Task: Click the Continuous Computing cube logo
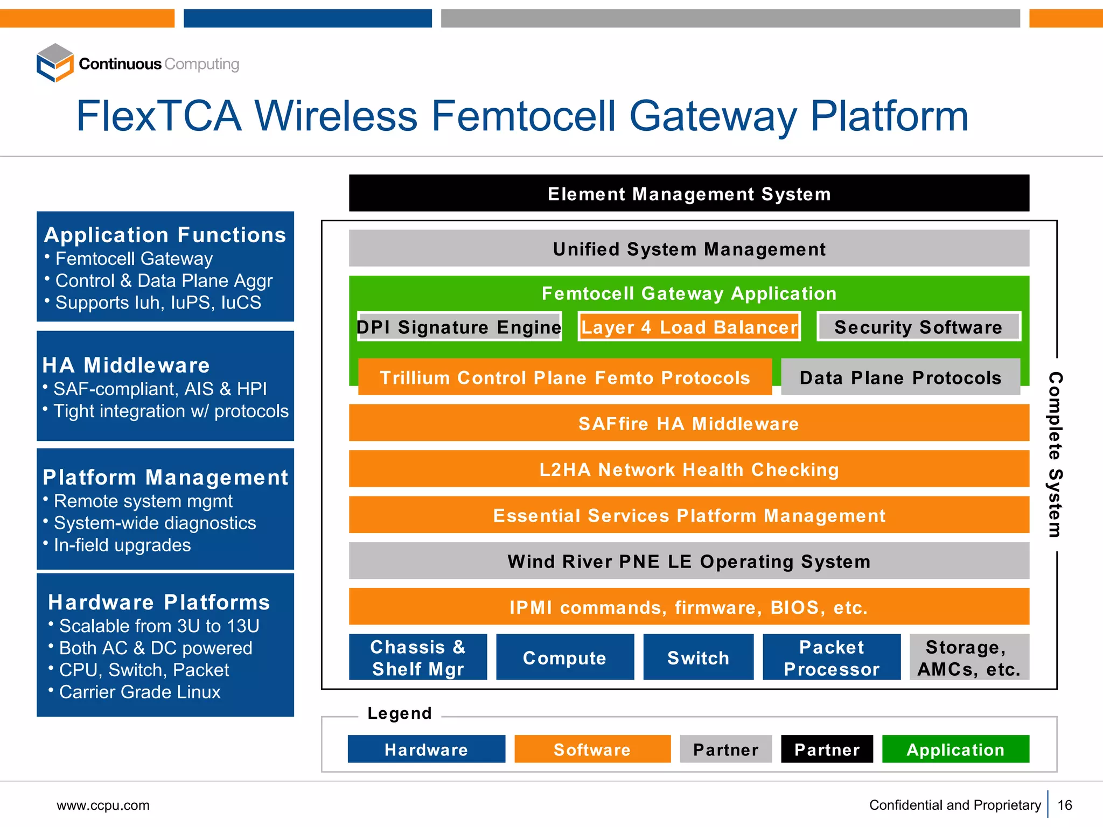(x=55, y=63)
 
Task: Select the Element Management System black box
(x=689, y=193)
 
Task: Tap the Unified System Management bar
(x=689, y=249)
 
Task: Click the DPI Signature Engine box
(x=459, y=327)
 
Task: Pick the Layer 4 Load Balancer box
(x=689, y=327)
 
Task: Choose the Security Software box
(x=918, y=327)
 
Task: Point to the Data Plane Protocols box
(x=900, y=377)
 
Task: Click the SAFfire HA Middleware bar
(x=689, y=423)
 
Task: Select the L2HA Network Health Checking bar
(x=689, y=469)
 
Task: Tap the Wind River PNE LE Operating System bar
(x=689, y=561)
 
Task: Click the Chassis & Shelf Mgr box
(x=418, y=657)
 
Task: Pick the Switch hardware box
(x=698, y=657)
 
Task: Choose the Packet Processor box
(x=831, y=657)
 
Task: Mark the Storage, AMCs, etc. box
(x=969, y=657)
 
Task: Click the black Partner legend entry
(x=827, y=749)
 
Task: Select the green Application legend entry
(x=955, y=749)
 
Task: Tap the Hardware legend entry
(x=426, y=749)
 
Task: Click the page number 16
(x=1065, y=805)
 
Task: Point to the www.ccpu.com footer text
(x=103, y=805)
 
